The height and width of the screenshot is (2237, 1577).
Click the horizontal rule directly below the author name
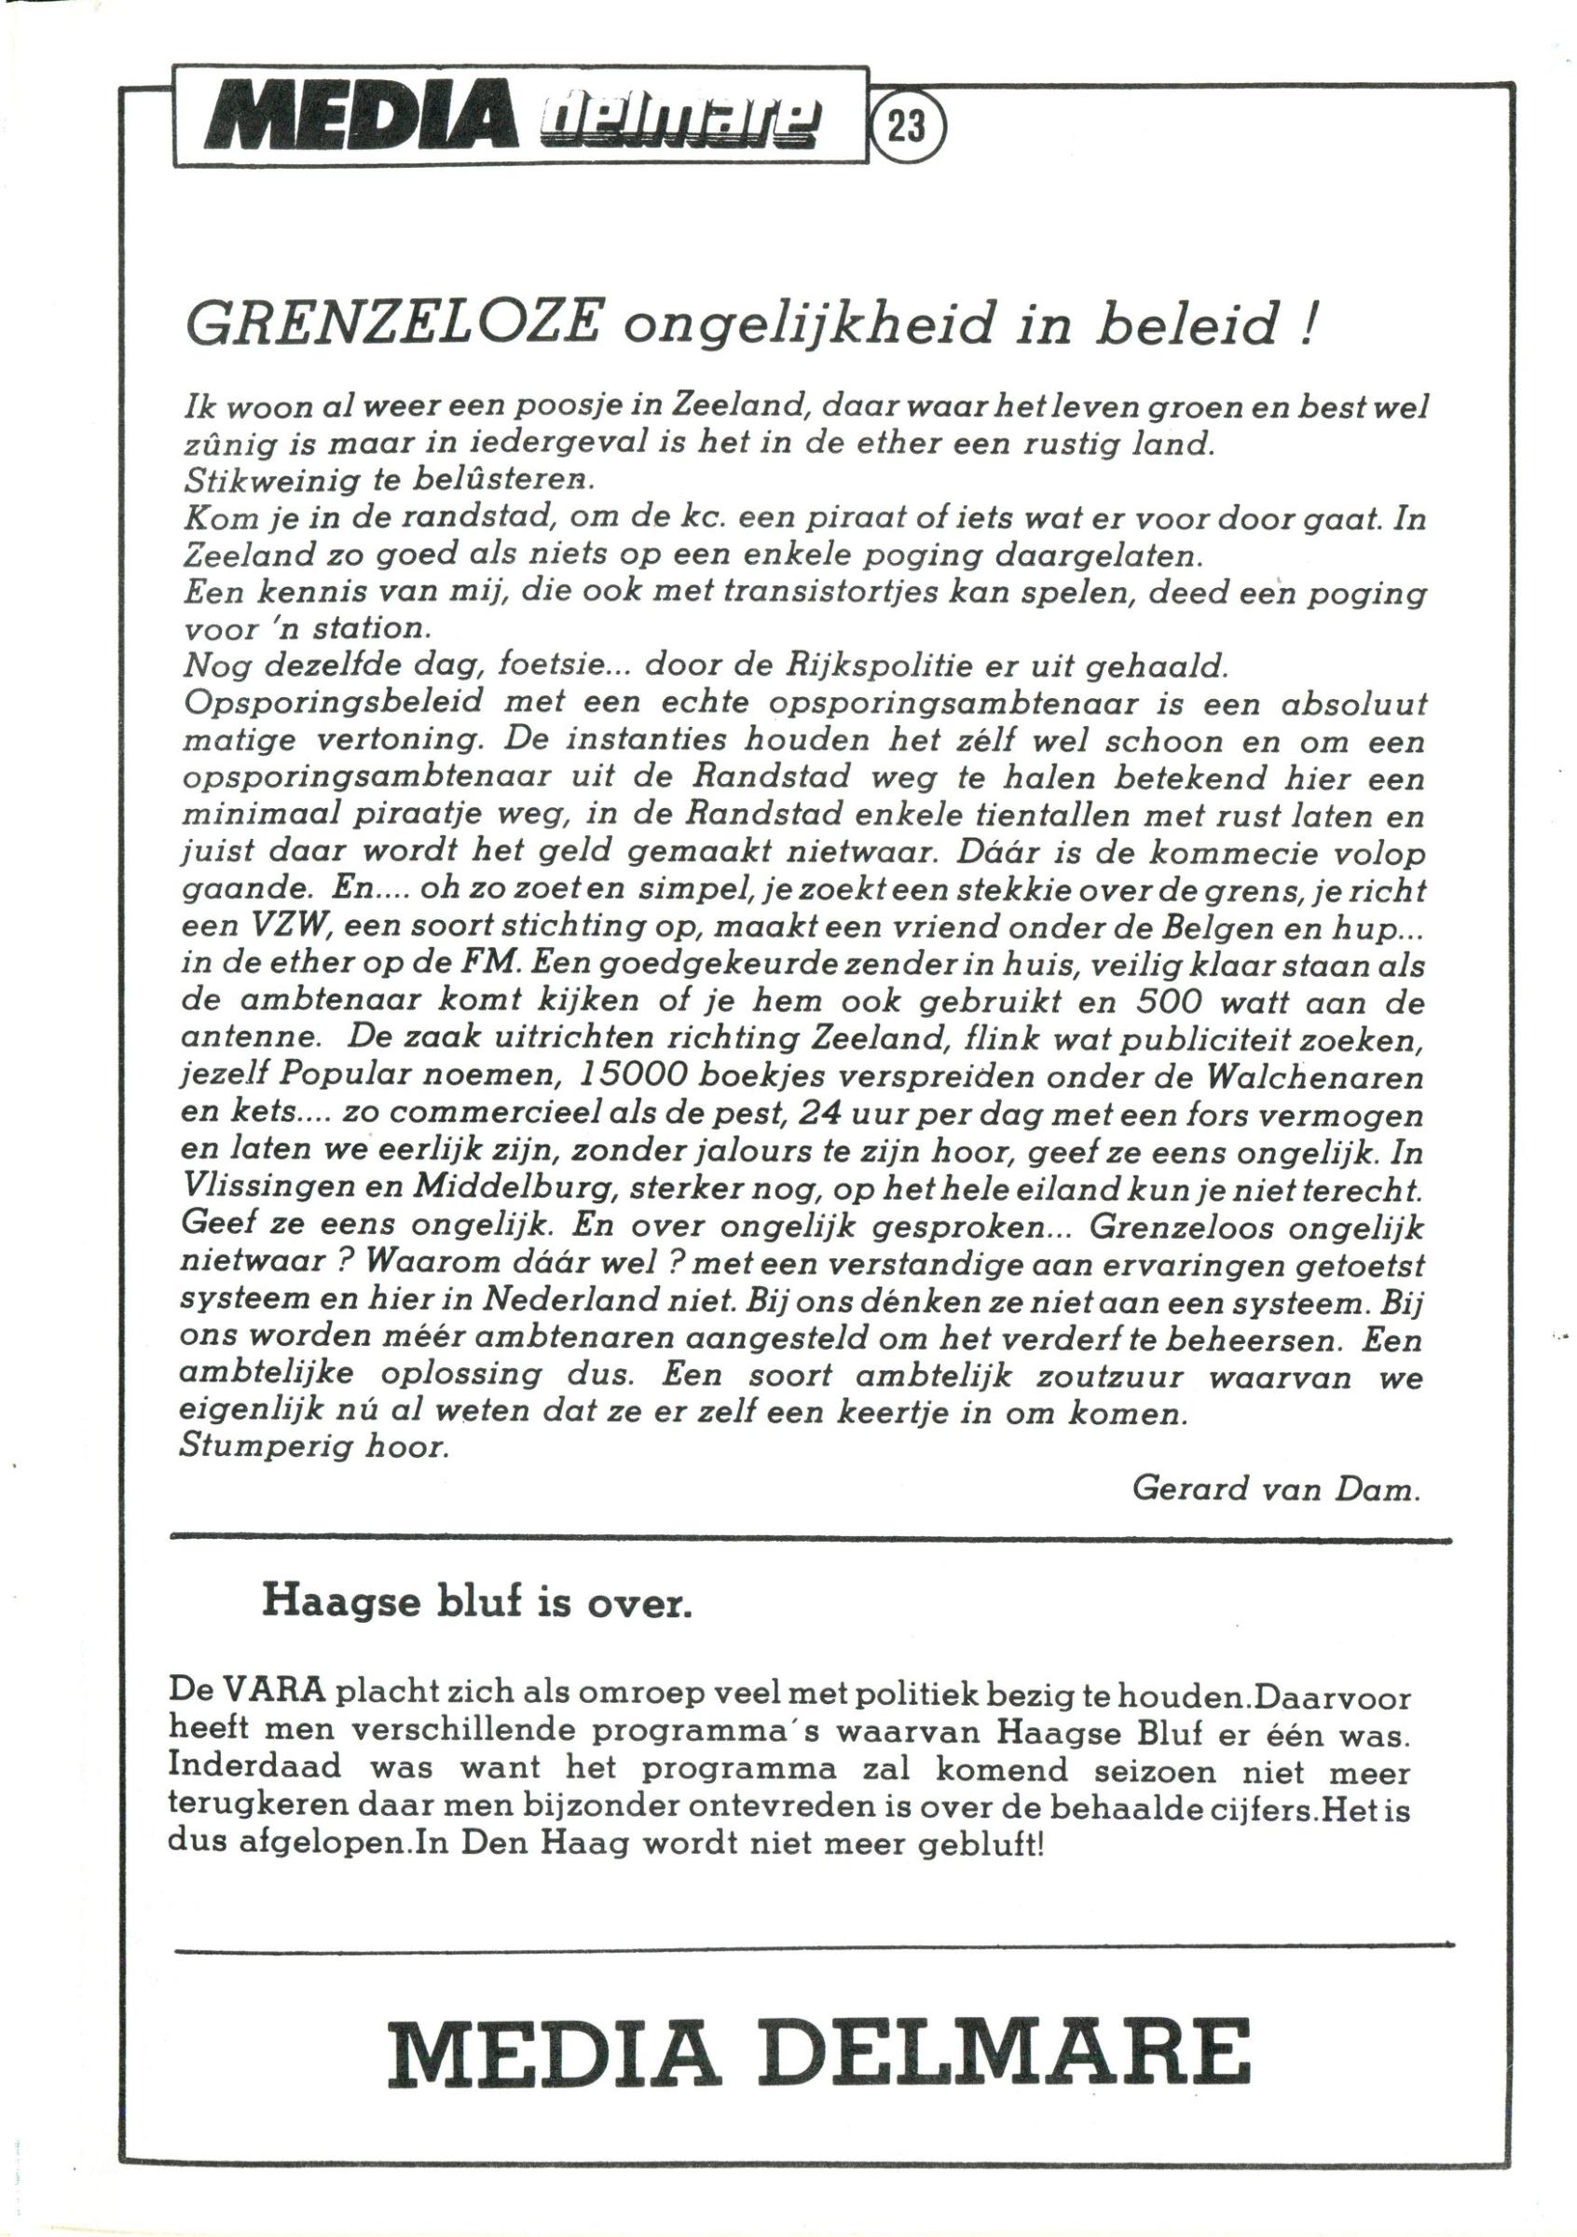[811, 1540]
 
